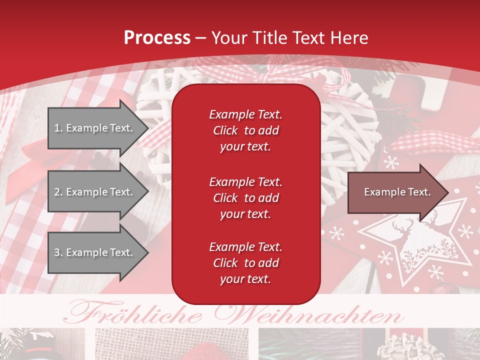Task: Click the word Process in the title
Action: [157, 37]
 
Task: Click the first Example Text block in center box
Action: [245, 130]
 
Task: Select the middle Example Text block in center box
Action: [245, 197]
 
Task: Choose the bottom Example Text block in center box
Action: [245, 263]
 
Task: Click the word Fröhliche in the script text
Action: [135, 315]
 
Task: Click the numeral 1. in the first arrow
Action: [58, 128]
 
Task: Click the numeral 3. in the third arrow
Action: [58, 252]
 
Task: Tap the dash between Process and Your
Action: [200, 38]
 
